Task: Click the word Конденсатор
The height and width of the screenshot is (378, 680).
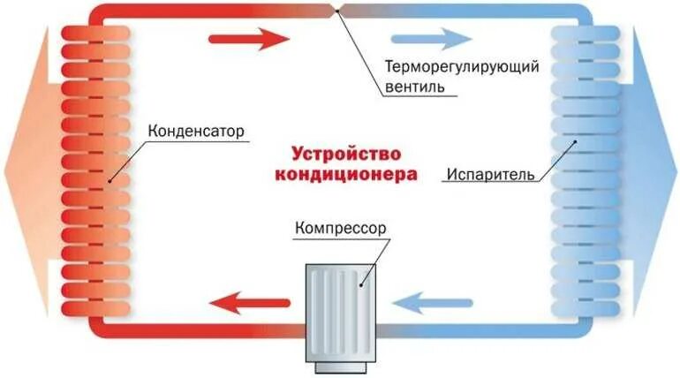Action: point(196,132)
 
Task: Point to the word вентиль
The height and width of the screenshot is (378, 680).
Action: point(419,87)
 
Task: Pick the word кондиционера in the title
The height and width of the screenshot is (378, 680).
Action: point(345,173)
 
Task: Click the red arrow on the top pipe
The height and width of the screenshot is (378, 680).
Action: point(249,39)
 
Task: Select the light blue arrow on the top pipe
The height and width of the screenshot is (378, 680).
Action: point(432,39)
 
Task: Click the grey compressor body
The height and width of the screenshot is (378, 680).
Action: point(340,309)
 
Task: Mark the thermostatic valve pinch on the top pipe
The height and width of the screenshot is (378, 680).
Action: point(339,11)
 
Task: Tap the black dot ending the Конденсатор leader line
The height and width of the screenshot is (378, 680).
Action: point(110,181)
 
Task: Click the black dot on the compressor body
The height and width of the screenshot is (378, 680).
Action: point(360,285)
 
